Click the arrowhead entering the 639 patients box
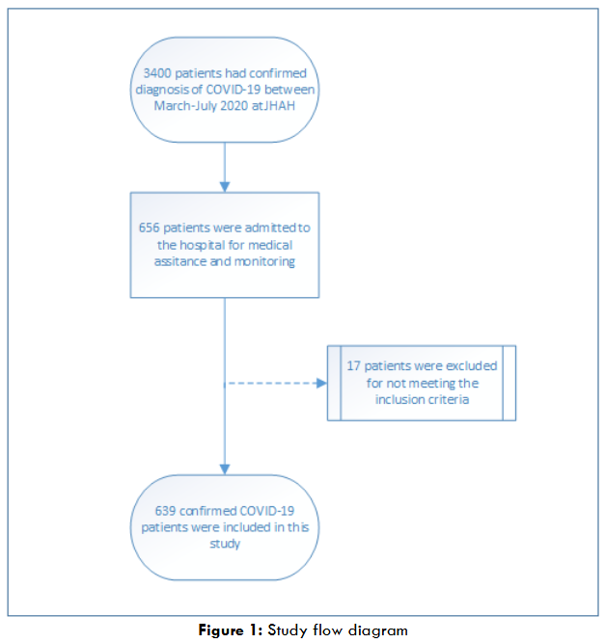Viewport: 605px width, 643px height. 225,469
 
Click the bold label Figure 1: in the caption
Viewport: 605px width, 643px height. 230,630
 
